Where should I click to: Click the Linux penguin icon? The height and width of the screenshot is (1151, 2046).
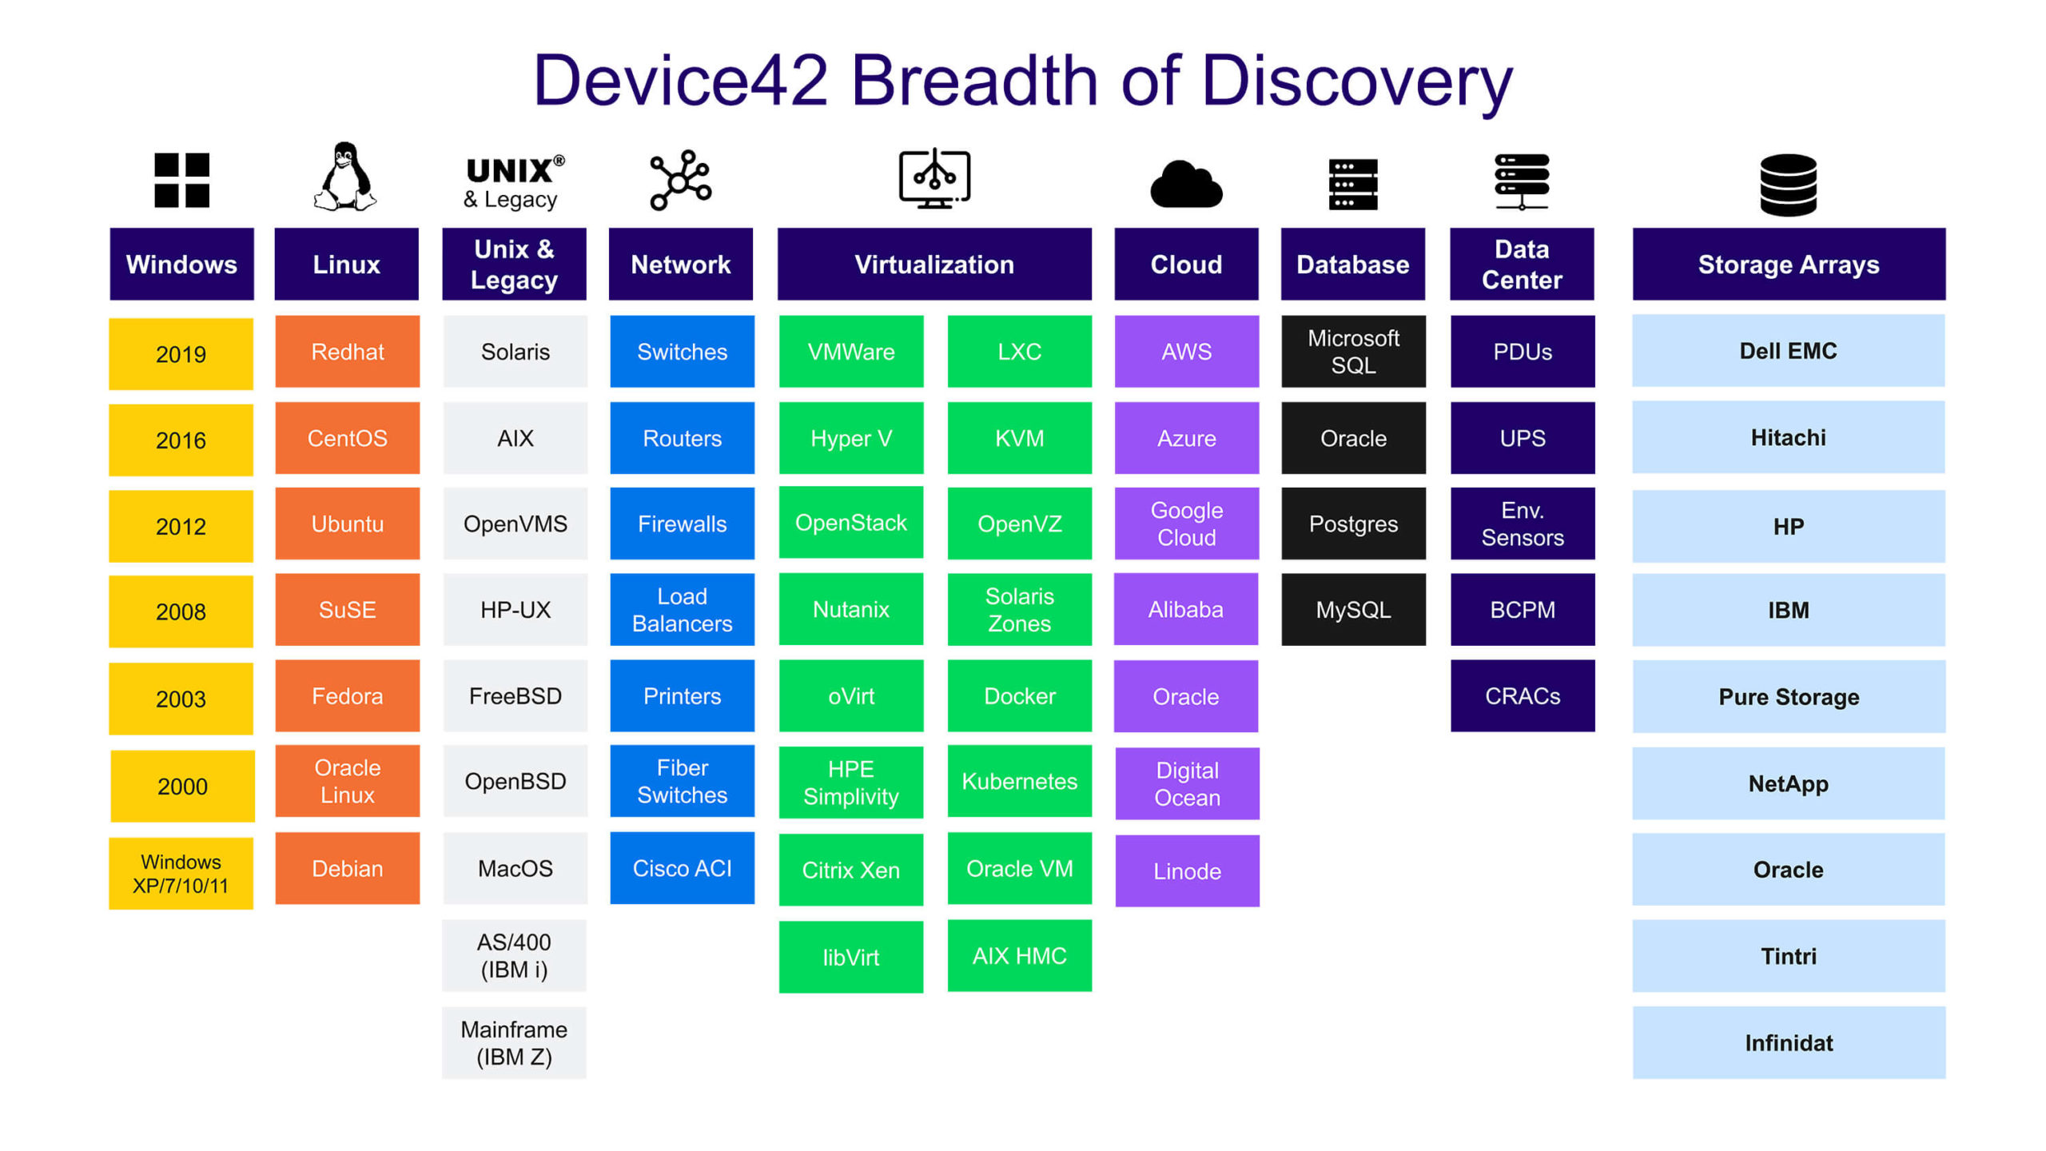pos(344,177)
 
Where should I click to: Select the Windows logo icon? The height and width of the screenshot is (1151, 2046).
pos(181,180)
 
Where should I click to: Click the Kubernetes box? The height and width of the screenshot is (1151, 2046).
pos(1019,781)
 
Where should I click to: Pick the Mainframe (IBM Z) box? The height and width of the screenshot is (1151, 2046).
pos(514,1042)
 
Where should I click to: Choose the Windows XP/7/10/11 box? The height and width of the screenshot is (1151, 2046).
pos(181,873)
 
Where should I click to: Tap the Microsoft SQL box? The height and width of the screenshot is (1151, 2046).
pos(1353,352)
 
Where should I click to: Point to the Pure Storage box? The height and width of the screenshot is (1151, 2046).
pos(1789,696)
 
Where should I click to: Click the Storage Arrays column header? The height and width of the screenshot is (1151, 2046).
pos(1789,264)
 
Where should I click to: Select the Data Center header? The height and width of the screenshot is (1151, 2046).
pos(1522,264)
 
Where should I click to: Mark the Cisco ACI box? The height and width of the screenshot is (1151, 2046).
pos(682,868)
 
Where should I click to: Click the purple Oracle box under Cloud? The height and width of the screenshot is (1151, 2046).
pos(1186,696)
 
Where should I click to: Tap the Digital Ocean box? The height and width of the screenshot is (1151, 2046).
pos(1187,783)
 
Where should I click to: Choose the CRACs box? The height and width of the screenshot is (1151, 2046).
pos(1523,695)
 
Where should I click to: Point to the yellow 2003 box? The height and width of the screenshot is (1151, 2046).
pos(181,699)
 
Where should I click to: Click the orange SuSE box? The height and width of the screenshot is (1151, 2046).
pos(347,609)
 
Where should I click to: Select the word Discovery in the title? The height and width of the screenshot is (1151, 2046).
pos(1357,82)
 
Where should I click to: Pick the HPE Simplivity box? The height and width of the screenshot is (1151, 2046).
pos(850,783)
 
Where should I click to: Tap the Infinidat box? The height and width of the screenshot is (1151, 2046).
pos(1789,1042)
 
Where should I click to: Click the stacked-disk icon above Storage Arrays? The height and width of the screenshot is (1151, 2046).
pos(1788,185)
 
